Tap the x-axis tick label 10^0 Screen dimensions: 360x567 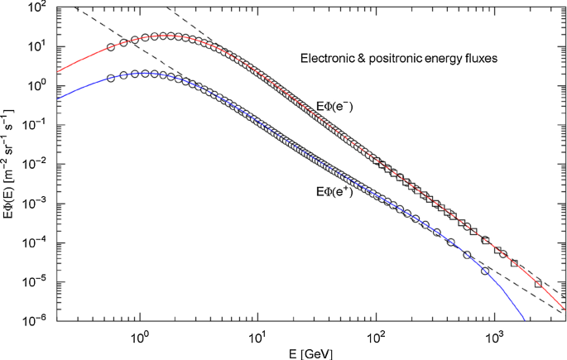(140, 336)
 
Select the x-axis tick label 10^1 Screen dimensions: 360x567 (258, 336)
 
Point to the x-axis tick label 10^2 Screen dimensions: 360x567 (377, 336)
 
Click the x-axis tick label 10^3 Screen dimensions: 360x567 (495, 336)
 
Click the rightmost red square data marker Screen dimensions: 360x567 (539, 284)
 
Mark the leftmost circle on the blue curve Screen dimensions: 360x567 (111, 79)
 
